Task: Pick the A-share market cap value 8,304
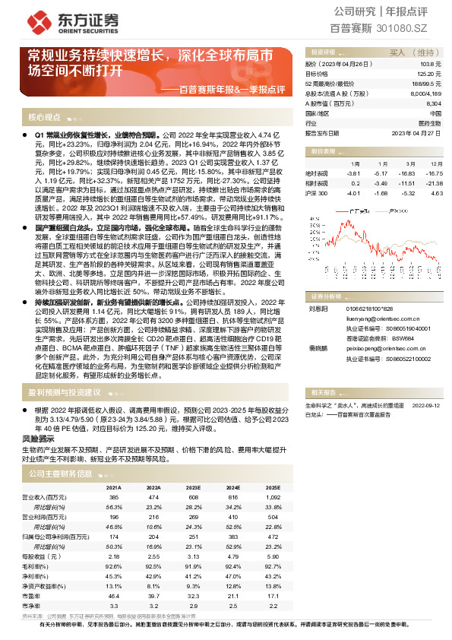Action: [x=434, y=103]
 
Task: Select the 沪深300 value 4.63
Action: [x=436, y=193]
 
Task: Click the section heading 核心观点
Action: [x=44, y=117]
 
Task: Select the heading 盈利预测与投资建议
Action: [x=65, y=393]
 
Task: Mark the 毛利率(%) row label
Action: [x=40, y=567]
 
